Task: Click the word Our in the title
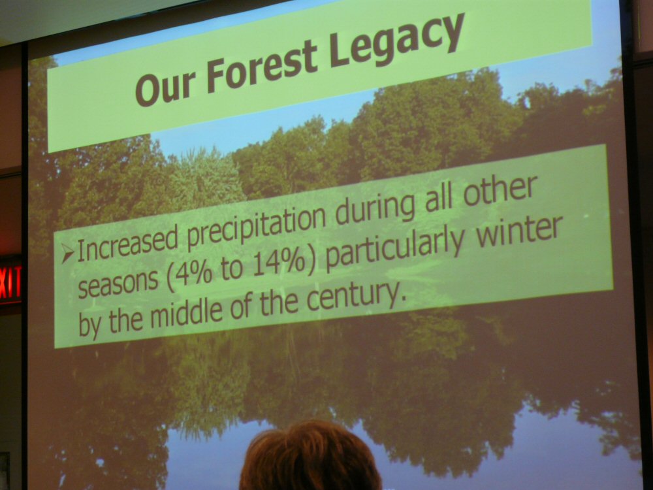click(x=165, y=87)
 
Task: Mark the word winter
click(x=519, y=231)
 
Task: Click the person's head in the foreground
click(x=310, y=456)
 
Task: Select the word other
click(x=500, y=191)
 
